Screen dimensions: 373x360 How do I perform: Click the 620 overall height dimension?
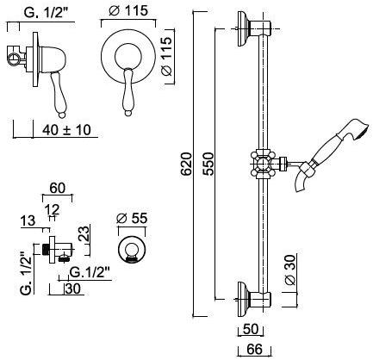point(187,164)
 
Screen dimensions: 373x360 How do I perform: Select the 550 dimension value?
point(208,164)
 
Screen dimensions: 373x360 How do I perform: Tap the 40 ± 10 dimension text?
point(66,130)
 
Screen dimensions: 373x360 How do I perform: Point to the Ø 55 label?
point(133,219)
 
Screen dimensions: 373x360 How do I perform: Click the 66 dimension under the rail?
point(255,350)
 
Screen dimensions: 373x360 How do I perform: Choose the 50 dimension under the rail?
point(251,329)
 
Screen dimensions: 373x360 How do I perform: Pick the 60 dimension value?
point(58,189)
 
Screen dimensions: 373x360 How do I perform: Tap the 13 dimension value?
point(28,221)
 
